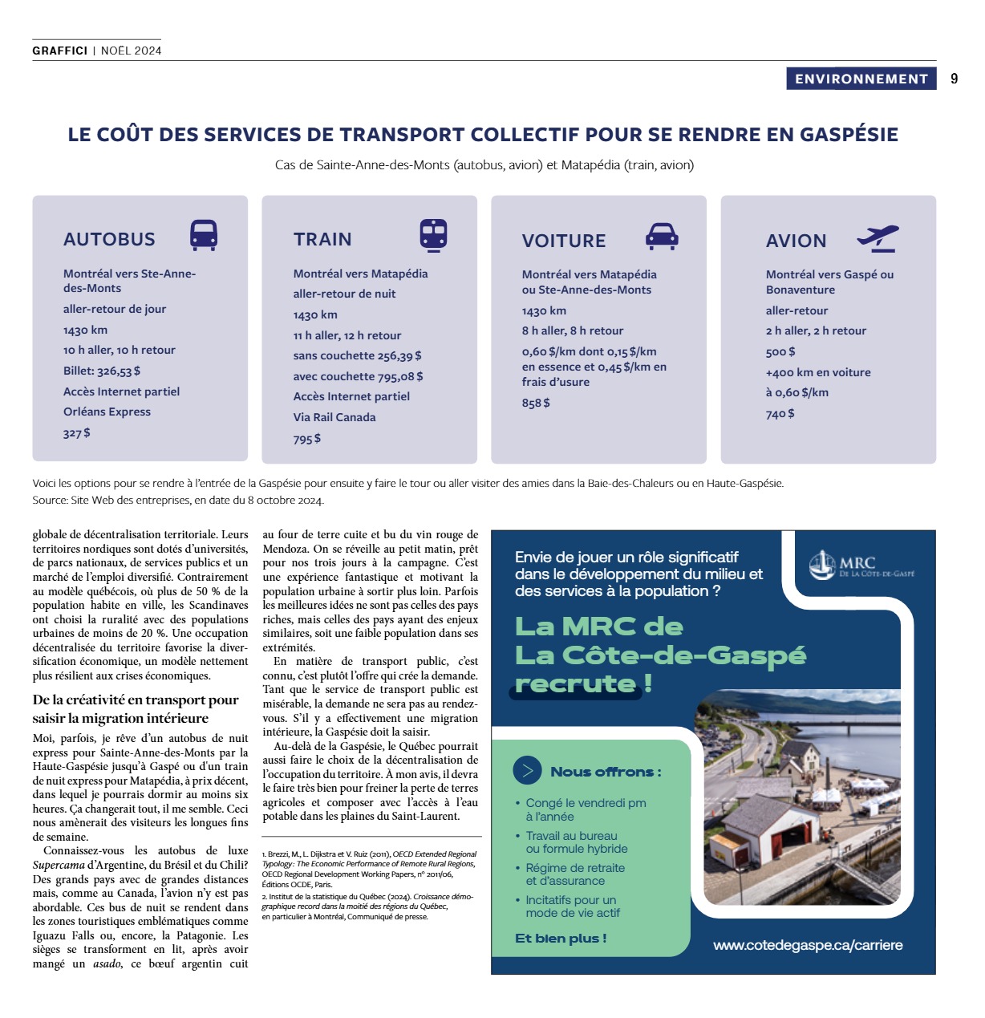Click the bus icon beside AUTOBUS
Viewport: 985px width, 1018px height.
point(204,235)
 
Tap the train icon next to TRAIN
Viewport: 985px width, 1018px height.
point(433,235)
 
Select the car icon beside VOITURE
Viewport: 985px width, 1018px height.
point(662,236)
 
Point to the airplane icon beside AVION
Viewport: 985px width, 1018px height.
point(878,238)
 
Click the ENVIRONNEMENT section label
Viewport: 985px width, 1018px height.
point(861,79)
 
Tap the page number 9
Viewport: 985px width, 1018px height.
point(954,79)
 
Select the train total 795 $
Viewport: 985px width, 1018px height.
point(306,439)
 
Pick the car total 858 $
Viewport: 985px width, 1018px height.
point(536,403)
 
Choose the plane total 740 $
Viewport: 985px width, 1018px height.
point(780,414)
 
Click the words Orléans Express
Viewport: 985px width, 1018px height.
point(107,412)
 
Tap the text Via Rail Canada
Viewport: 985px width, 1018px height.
point(334,417)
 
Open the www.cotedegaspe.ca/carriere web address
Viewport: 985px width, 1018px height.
point(808,945)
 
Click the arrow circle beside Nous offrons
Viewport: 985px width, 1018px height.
point(527,771)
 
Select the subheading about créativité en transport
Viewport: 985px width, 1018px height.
point(136,708)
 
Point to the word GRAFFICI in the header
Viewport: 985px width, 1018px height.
point(59,51)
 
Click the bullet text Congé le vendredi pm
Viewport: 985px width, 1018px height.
point(586,803)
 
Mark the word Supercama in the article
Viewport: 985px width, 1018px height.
point(59,865)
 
